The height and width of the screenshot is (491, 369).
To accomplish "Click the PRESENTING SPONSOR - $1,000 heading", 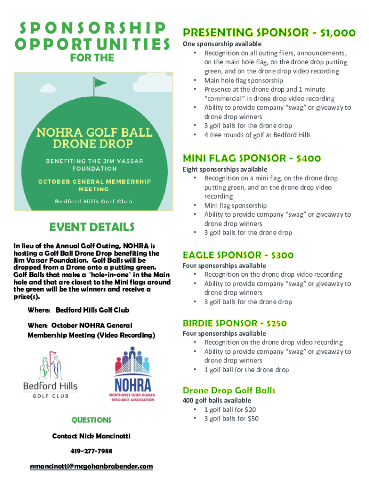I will [x=269, y=33].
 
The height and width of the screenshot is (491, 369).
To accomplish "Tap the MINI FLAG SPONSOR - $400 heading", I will [x=252, y=158].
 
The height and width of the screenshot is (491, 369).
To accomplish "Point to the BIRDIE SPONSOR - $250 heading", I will [x=234, y=323].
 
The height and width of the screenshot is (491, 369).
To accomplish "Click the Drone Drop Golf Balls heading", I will [x=229, y=390].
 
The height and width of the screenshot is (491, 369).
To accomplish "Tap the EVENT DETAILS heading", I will [x=92, y=227].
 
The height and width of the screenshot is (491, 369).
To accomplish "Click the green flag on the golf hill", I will [x=99, y=83].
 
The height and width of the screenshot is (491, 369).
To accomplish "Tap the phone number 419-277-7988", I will [x=91, y=451].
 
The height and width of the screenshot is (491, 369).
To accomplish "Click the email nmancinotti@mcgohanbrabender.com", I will [x=91, y=466].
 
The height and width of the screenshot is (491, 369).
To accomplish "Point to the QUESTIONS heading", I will [x=91, y=420].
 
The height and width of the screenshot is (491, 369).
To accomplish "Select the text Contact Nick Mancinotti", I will [x=91, y=436].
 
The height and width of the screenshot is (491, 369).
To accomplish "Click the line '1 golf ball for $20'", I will [x=230, y=409].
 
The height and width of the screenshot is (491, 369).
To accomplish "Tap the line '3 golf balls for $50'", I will [x=231, y=419].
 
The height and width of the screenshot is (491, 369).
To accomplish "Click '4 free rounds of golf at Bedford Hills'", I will [x=257, y=135].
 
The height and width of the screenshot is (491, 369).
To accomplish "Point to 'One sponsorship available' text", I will [x=221, y=44].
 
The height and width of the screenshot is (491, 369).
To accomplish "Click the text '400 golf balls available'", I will [x=217, y=400].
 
